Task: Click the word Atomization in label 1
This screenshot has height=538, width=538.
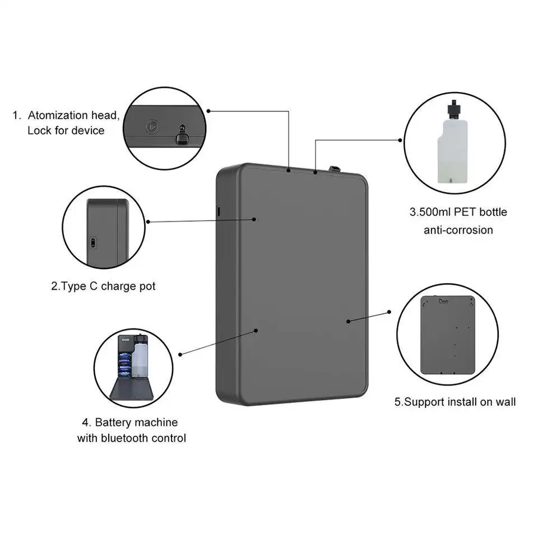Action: (58, 116)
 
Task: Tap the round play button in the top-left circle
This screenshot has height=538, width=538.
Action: (151, 126)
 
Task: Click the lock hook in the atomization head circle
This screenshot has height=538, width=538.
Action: (181, 134)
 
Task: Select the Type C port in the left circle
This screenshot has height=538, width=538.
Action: (93, 243)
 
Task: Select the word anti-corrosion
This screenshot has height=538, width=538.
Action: (458, 230)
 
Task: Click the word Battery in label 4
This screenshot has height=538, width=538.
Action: (117, 422)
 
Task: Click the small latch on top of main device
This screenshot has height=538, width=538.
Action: (335, 169)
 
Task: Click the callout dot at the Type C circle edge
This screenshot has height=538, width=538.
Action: (148, 222)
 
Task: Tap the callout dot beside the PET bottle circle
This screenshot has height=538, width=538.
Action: (400, 140)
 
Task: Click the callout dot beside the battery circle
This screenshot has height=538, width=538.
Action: (180, 354)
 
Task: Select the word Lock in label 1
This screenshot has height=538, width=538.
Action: (40, 131)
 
